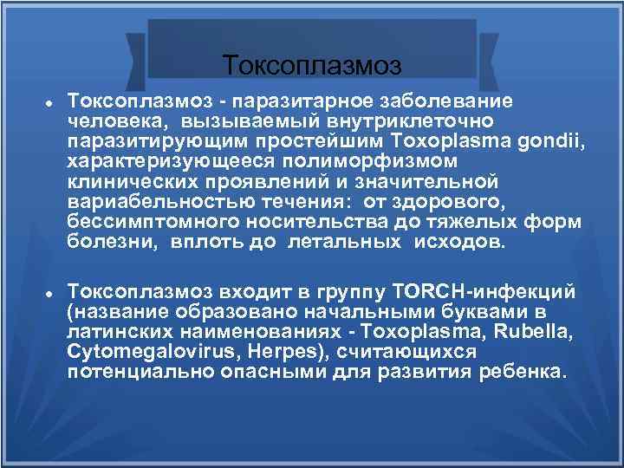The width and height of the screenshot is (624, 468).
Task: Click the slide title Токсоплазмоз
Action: [312, 65]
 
